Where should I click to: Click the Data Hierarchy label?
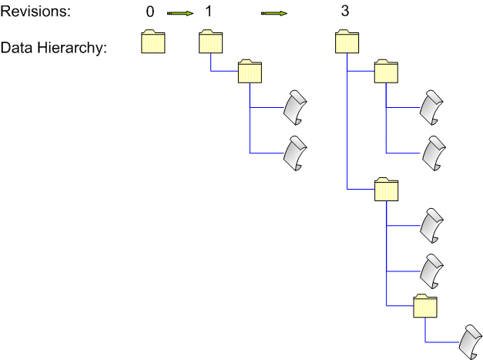click(53, 48)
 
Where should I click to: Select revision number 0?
click(149, 12)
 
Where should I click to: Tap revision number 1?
click(208, 12)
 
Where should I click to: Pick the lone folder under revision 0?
click(153, 42)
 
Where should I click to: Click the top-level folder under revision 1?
click(210, 42)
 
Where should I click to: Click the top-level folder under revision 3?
click(348, 42)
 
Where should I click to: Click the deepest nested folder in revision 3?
click(425, 305)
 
